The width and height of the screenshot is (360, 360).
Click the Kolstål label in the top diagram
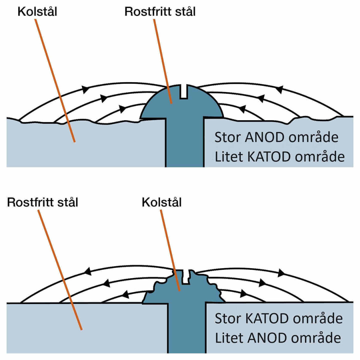pos(37,12)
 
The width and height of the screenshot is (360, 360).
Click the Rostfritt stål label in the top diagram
pos(160,12)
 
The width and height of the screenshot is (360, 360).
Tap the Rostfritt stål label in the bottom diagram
pos(43,202)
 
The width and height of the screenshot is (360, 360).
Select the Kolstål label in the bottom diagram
pos(162,202)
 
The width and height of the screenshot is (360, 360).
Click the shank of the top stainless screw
pos(185,144)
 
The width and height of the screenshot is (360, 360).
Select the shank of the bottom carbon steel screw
pos(187,329)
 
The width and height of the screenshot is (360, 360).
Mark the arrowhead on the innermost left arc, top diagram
pos(123,109)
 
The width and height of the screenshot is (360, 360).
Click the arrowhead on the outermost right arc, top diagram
pos(279,89)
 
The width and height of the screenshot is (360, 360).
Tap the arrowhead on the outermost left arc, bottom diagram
pos(88,271)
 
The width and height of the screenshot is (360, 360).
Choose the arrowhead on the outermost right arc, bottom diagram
pos(281,273)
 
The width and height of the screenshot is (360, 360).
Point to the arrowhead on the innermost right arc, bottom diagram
pos(243,293)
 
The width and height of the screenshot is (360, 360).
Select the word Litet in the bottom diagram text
pos(229,338)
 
